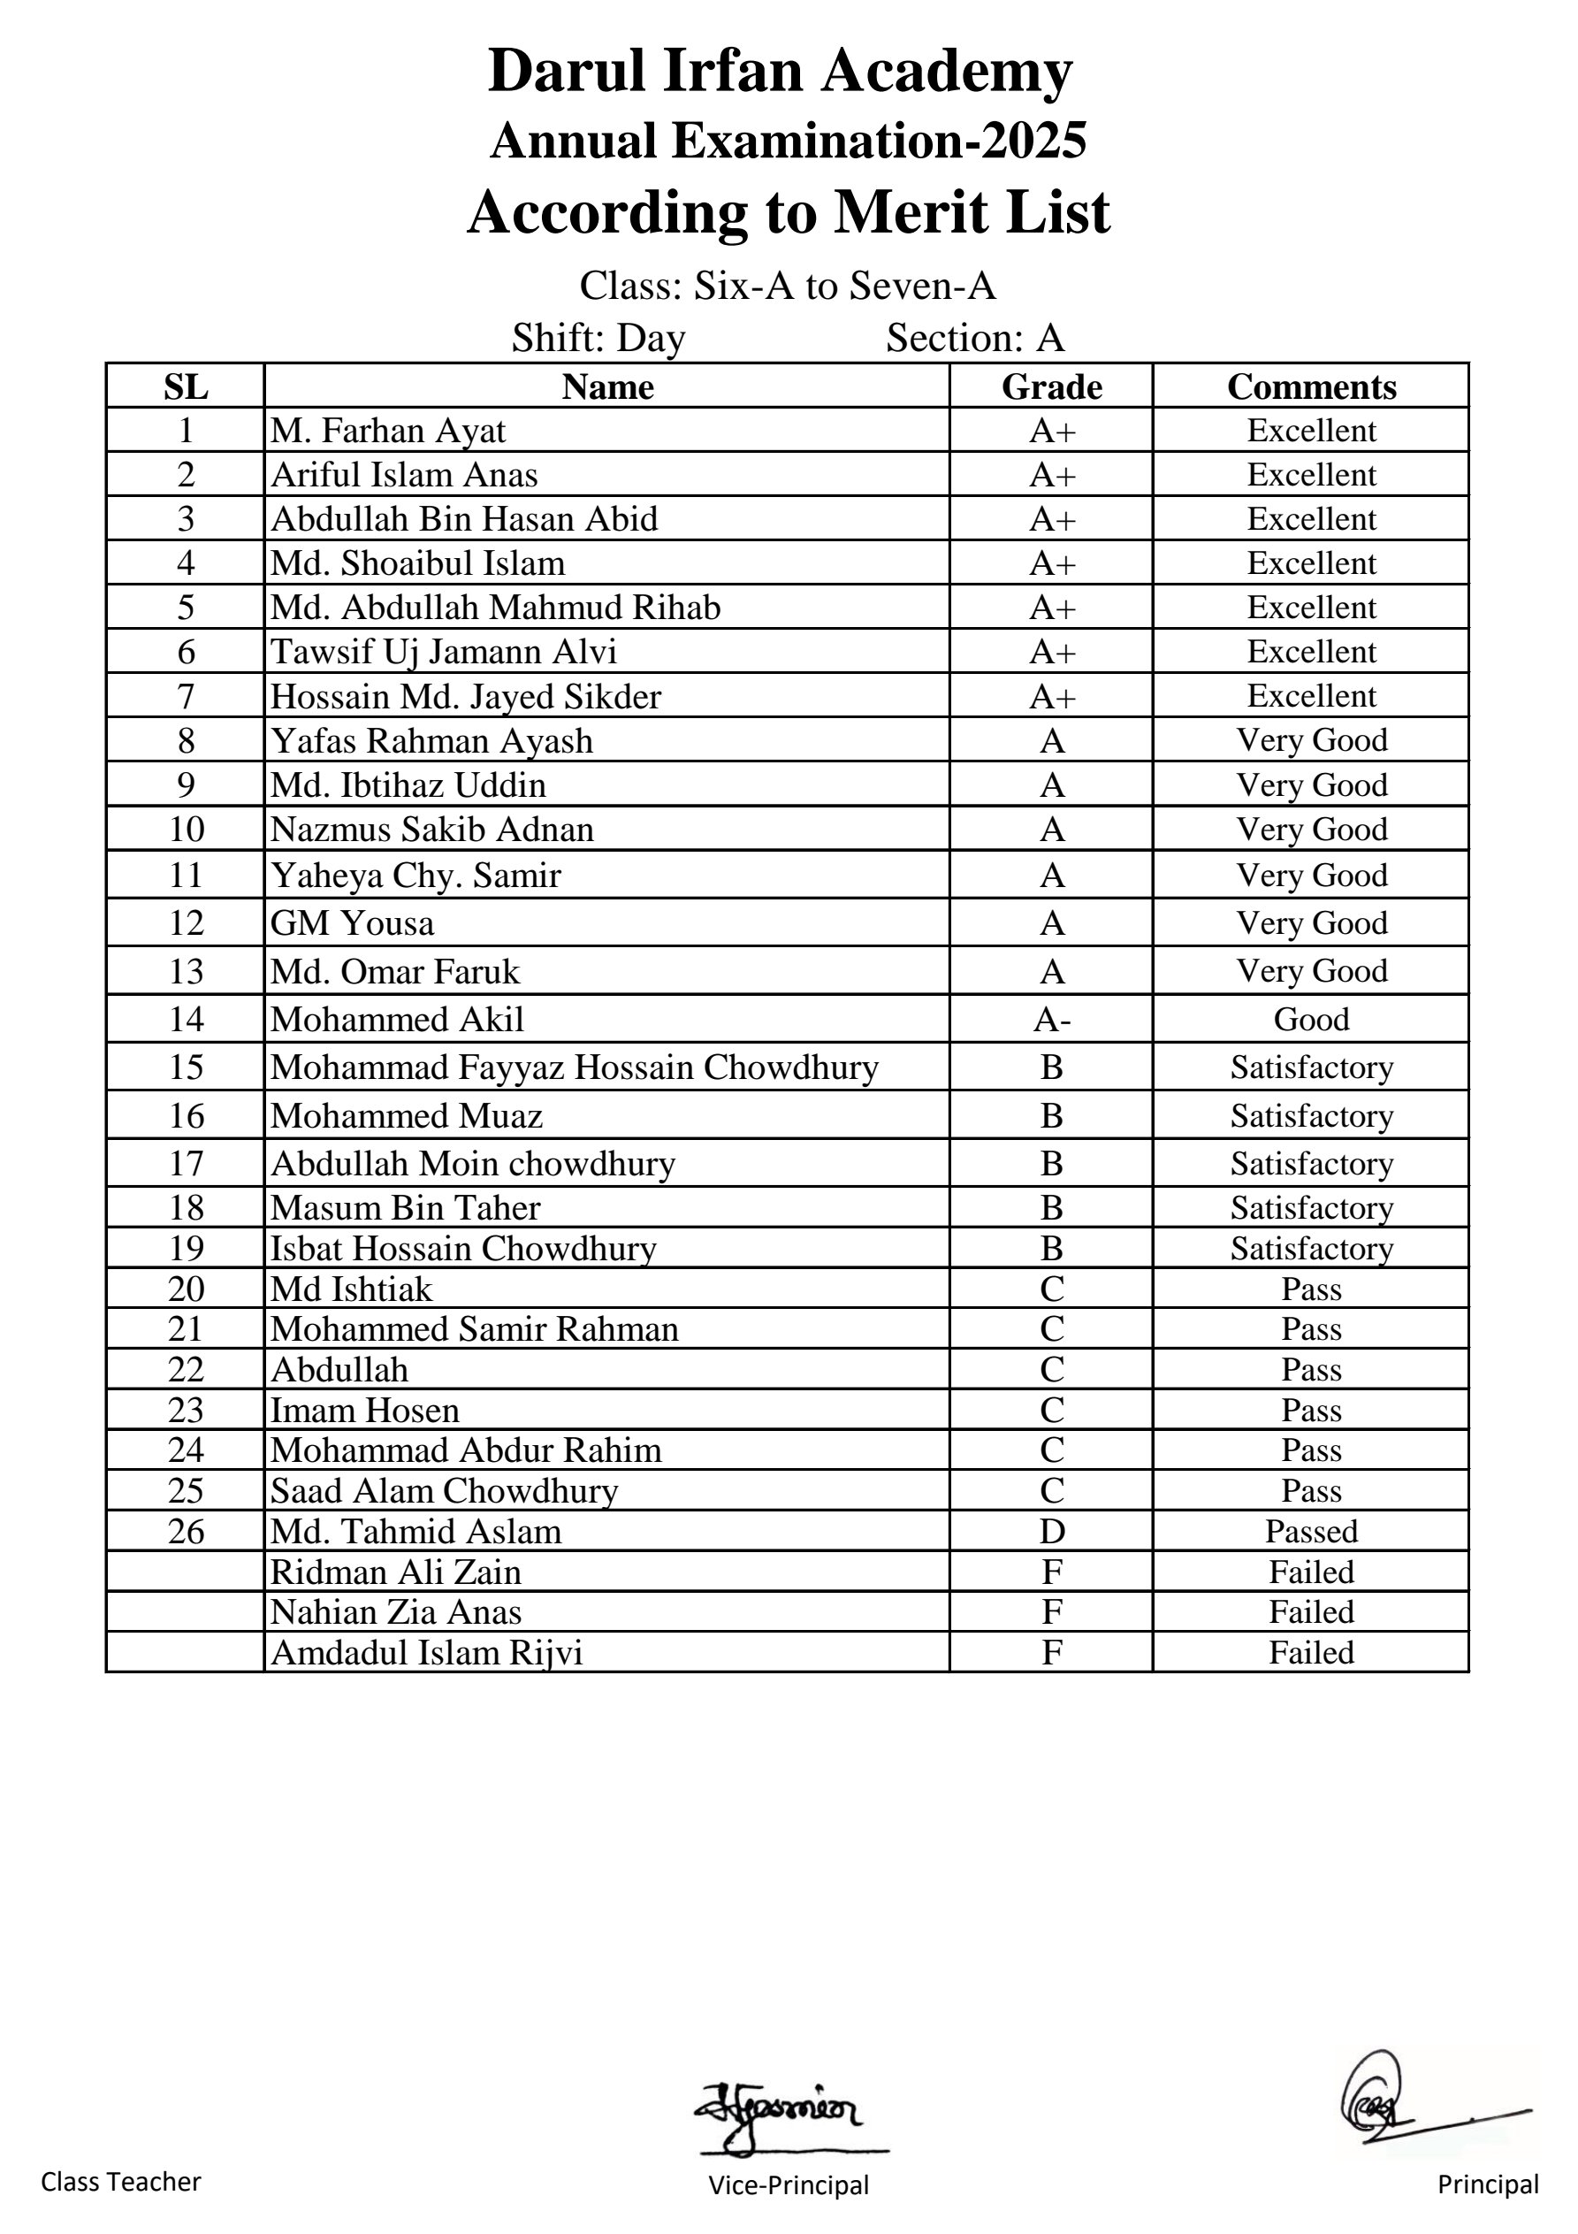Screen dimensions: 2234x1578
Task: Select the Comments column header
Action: pos(1310,387)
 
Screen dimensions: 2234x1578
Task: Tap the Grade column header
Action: pos(1051,387)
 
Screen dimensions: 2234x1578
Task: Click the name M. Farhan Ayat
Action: pos(388,430)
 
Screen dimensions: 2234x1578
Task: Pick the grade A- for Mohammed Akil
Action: pos(1051,1019)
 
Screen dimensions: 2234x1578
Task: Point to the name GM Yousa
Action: pos(352,922)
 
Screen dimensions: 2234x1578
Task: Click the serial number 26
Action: pos(186,1532)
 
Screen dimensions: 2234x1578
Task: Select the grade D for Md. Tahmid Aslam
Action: pos(1051,1532)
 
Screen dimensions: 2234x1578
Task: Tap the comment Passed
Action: pos(1310,1532)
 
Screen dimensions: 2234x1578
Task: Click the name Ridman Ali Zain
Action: pos(396,1572)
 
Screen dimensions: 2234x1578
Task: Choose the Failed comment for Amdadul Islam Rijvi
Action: pos(1310,1652)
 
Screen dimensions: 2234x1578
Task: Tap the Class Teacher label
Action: pos(120,2183)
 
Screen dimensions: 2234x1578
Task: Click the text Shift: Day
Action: pos(598,338)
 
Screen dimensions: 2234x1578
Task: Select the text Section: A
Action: pos(975,338)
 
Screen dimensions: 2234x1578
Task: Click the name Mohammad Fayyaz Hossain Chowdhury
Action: pos(574,1067)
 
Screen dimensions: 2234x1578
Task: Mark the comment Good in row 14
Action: pos(1310,1019)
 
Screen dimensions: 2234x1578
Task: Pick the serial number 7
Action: pos(186,697)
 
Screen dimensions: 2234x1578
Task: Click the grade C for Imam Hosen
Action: pos(1051,1410)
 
